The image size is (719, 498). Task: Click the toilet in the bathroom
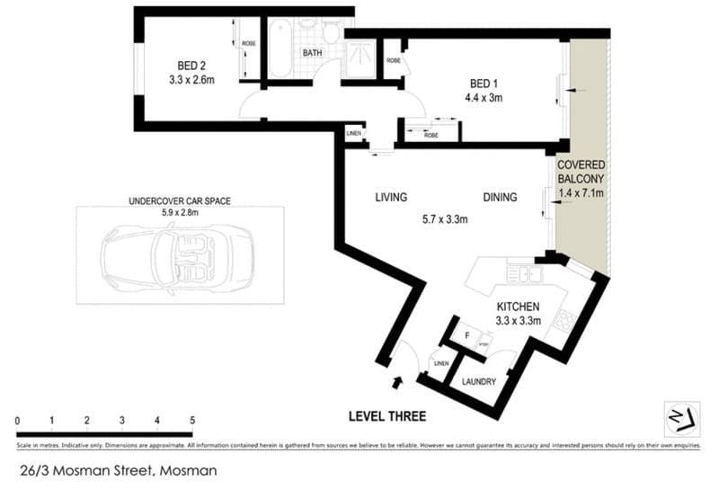coord(331,33)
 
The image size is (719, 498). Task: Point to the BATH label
coord(312,54)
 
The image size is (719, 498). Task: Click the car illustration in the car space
coord(180,258)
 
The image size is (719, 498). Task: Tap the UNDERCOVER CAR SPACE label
coord(180,201)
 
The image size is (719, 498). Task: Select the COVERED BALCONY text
coord(581,173)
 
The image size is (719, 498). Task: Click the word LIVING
coord(392,197)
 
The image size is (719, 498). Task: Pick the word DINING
coord(500,197)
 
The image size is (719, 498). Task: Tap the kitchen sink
coord(521,272)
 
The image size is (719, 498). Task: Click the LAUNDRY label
coord(478,381)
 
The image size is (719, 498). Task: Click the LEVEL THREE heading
coord(387,416)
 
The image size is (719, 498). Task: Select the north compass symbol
coord(679,418)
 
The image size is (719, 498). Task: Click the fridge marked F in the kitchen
coord(466,336)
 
